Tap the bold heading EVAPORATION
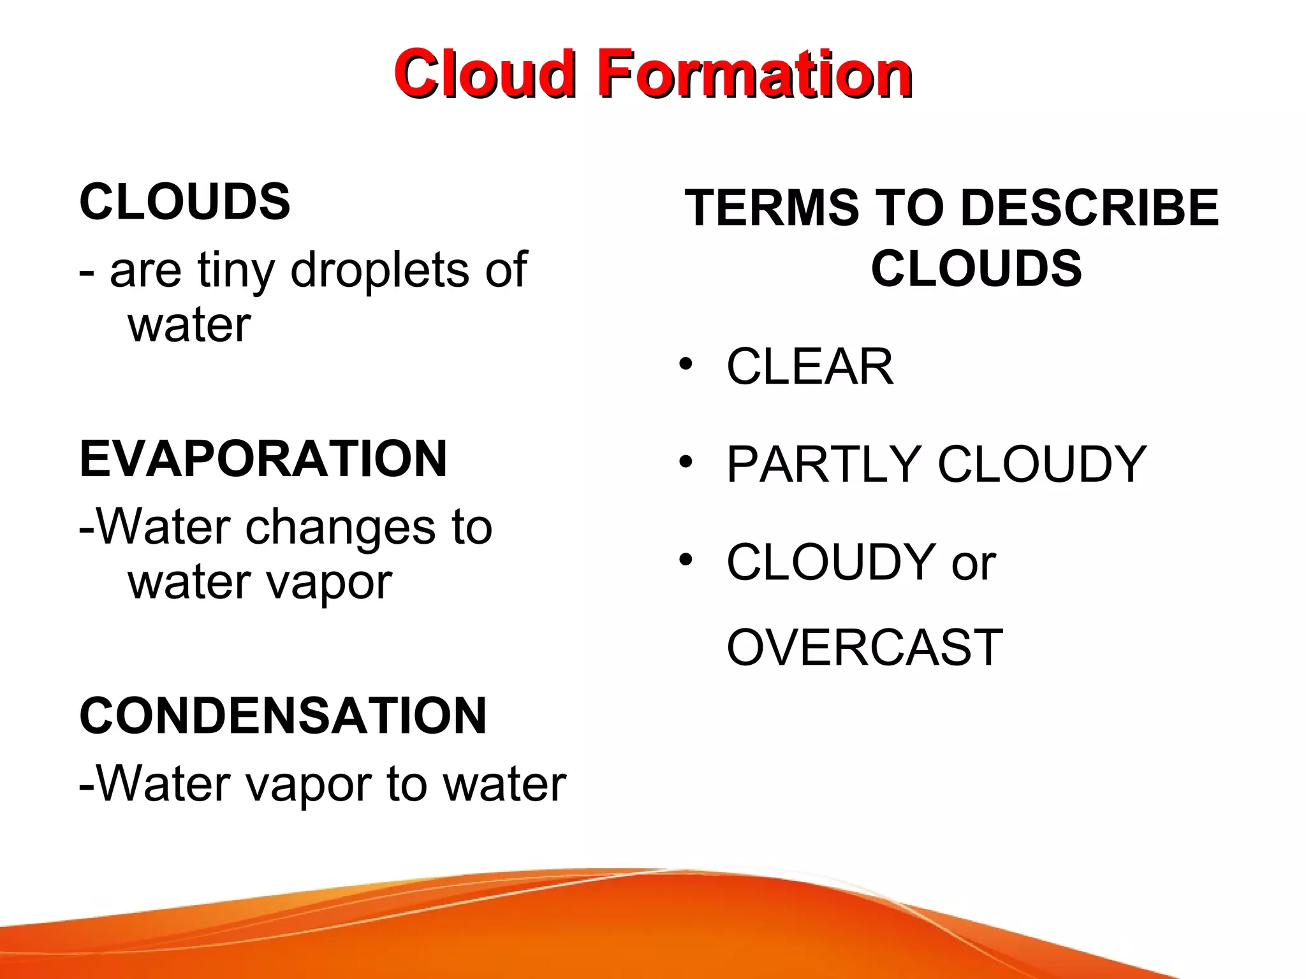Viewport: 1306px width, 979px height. pos(263,459)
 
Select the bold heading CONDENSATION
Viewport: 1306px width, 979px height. pos(283,716)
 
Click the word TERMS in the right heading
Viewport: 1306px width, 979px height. pos(772,208)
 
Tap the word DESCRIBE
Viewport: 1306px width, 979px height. pos(1089,208)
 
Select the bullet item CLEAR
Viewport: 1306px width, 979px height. pos(810,367)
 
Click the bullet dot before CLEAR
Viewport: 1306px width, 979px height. pos(686,364)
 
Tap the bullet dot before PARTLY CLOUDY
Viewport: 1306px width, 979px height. pos(686,461)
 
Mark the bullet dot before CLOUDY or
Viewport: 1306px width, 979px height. pos(686,560)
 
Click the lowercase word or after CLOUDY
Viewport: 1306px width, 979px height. pos(974,564)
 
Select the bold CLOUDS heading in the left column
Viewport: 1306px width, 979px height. pos(185,202)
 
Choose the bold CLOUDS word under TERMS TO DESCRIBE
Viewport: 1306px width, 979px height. pos(976,268)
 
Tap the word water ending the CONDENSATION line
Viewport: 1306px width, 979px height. pos(504,785)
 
